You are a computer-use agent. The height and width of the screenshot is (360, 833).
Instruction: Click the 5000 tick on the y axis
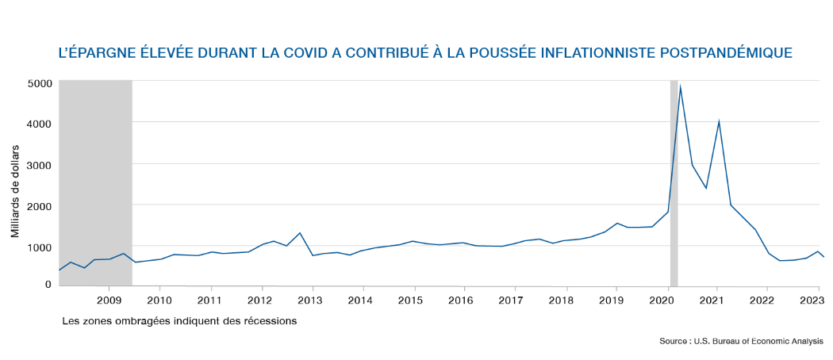40,82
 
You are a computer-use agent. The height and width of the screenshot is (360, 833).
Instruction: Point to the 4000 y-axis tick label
40,124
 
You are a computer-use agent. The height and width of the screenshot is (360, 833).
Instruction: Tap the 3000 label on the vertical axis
40,165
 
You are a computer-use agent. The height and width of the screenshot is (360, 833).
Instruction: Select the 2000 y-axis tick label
40,206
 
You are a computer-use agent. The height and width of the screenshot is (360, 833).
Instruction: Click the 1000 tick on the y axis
40,247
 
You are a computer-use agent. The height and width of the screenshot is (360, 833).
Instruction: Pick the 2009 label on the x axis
109,301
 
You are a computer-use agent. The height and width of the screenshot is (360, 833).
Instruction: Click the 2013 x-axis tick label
310,301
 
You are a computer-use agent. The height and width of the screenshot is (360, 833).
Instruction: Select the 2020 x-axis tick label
662,301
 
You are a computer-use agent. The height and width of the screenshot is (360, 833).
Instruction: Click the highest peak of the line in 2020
681,86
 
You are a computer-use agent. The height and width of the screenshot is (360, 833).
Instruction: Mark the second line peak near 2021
718,121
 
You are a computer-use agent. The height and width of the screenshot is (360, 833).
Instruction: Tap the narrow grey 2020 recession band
674,182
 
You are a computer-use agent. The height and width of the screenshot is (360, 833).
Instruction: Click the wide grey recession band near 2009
95,182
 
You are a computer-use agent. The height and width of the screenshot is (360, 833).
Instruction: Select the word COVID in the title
287,54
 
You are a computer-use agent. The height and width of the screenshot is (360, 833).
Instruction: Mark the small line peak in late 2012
300,233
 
